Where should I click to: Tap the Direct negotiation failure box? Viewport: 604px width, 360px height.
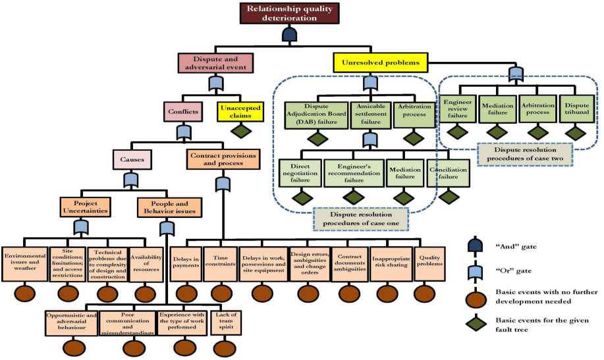(x=300, y=172)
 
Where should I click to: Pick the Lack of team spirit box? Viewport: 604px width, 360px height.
(x=224, y=321)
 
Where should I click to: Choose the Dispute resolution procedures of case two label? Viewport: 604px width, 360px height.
(x=516, y=153)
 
